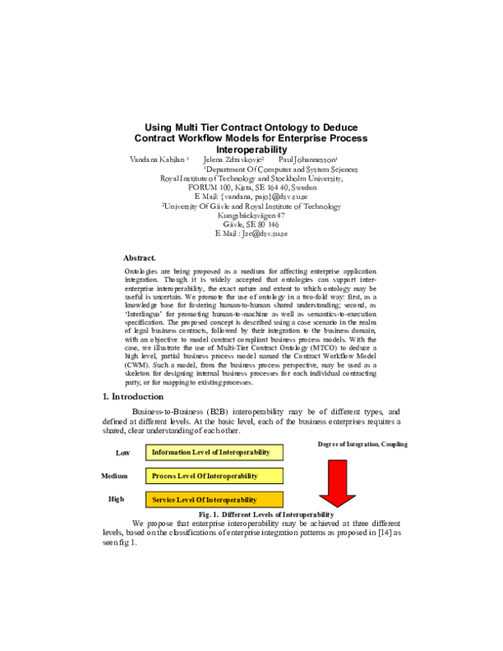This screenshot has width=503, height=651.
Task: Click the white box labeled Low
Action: coord(123,453)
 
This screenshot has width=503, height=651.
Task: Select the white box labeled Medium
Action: coord(116,477)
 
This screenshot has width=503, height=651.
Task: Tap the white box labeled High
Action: coord(117,500)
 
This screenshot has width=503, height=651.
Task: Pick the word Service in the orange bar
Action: coord(164,500)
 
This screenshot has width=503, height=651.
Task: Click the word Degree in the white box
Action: coord(327,445)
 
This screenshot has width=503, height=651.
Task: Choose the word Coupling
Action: coord(395,445)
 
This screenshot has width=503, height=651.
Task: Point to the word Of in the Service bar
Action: coord(202,500)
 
